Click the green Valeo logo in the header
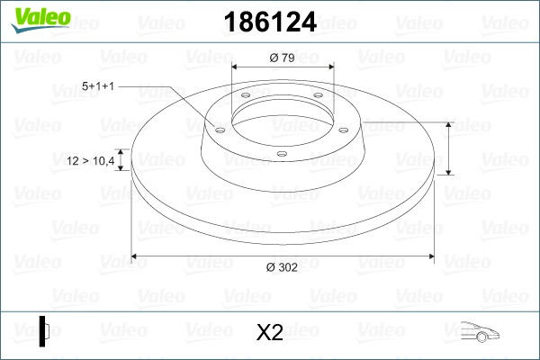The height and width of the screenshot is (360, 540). pyautogui.click(x=40, y=20)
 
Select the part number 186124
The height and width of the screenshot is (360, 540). pyautogui.click(x=270, y=22)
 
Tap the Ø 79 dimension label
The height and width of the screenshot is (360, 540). pyautogui.click(x=283, y=58)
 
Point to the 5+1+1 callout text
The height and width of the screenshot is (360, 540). pyautogui.click(x=98, y=85)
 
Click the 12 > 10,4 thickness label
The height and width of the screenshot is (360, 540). pyautogui.click(x=91, y=160)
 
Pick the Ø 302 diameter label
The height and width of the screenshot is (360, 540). pyautogui.click(x=282, y=267)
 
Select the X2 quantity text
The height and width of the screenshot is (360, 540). pyautogui.click(x=270, y=332)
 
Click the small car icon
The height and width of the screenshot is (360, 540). pyautogui.click(x=480, y=332)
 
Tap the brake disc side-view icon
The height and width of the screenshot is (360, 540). pyautogui.click(x=44, y=331)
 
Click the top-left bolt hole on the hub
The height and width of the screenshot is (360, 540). pyautogui.click(x=246, y=95)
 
